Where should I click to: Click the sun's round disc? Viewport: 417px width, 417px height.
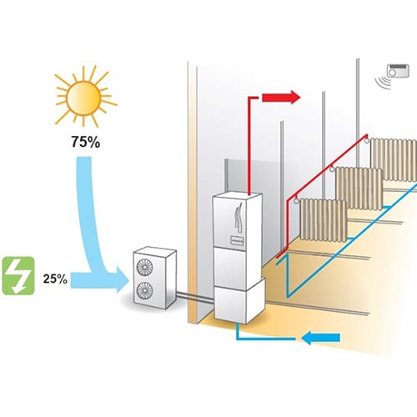83,98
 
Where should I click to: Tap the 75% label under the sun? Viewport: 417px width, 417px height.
85,142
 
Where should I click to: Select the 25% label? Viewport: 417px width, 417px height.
55,279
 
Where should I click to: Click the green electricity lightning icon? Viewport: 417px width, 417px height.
18,276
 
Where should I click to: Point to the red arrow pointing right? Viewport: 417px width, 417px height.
281,98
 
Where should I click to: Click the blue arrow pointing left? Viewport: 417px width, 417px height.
320,338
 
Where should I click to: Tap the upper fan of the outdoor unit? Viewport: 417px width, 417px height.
144,267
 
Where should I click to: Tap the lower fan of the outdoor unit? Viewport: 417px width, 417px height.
144,290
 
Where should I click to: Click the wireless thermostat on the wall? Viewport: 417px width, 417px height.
398,71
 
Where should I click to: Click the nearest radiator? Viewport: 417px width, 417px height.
324,219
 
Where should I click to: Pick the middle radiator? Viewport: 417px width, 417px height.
359,188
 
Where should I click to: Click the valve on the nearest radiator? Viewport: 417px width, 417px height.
297,200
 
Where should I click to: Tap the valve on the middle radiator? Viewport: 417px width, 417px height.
332,168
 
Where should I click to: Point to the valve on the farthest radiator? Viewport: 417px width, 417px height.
367,140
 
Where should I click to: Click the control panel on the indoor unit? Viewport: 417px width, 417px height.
237,240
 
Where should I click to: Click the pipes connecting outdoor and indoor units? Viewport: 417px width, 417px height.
195,296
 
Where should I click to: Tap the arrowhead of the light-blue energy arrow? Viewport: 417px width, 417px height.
123,280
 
